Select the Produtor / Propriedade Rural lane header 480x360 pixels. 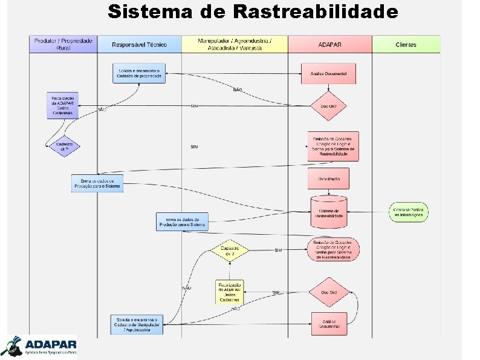(x=63, y=44)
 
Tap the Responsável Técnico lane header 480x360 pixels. (x=140, y=44)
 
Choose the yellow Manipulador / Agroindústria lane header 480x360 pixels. (x=235, y=44)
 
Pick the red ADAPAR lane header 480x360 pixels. (x=329, y=44)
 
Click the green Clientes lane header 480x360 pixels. (x=406, y=44)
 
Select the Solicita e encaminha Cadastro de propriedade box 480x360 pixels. (x=139, y=73)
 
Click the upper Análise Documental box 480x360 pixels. (x=328, y=73)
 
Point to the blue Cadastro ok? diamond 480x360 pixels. (x=65, y=146)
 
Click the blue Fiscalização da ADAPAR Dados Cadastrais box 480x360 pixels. (x=63, y=105)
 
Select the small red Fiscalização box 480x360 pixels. (x=329, y=178)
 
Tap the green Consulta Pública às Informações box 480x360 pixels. (x=409, y=212)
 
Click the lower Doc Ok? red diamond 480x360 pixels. (x=329, y=293)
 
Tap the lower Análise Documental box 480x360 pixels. (x=329, y=324)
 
